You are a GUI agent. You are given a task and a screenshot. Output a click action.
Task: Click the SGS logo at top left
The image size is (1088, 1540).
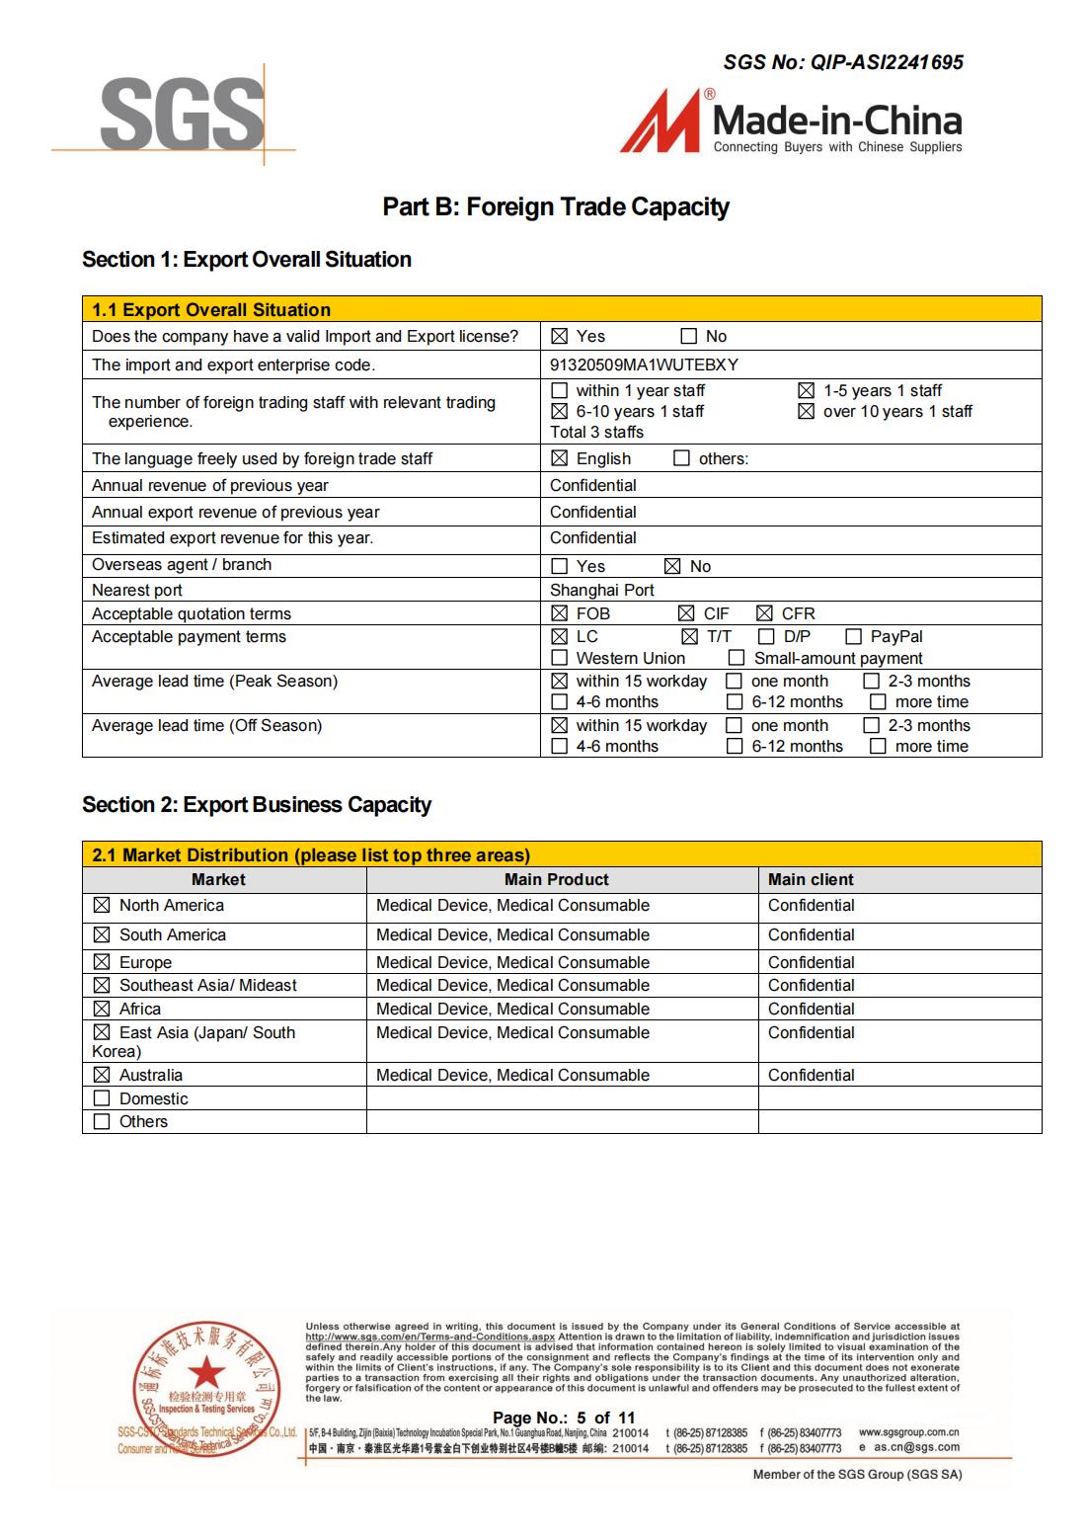[182, 116]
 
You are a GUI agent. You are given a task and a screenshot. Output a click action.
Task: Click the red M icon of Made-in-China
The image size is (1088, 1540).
[660, 122]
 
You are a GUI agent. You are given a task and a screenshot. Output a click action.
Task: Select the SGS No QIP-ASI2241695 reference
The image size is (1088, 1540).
[843, 62]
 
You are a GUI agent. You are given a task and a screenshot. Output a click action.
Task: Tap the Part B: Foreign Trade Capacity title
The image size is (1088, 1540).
[556, 207]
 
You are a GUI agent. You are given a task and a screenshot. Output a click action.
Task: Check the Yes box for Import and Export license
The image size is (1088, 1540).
[560, 337]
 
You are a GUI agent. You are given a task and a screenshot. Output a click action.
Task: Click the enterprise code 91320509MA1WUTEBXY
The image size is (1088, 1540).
[644, 365]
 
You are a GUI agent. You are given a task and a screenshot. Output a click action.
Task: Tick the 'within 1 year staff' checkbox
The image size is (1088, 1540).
[560, 391]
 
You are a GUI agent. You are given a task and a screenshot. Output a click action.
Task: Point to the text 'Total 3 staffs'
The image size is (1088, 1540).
[596, 432]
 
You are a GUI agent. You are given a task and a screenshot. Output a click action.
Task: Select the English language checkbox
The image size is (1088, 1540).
[560, 458]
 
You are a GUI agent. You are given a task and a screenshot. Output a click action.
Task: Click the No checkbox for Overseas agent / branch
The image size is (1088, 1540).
[672, 566]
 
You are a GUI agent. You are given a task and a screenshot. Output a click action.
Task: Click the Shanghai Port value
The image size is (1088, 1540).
[602, 590]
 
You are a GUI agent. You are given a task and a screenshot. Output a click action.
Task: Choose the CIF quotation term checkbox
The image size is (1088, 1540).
[687, 613]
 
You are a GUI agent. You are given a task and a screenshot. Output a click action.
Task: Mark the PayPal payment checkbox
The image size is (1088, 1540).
[853, 637]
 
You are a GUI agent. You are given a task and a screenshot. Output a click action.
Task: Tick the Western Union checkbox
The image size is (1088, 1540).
[560, 658]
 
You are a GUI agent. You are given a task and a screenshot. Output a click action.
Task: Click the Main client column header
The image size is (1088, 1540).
[811, 879]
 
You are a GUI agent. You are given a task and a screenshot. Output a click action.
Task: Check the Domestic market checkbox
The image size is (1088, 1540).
[102, 1098]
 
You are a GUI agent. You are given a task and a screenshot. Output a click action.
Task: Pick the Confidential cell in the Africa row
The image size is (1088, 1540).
[811, 1009]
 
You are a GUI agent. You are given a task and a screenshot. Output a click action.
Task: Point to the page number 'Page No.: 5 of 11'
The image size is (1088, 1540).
[564, 1418]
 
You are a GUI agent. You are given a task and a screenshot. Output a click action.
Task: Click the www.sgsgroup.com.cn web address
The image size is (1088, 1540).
[908, 1432]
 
